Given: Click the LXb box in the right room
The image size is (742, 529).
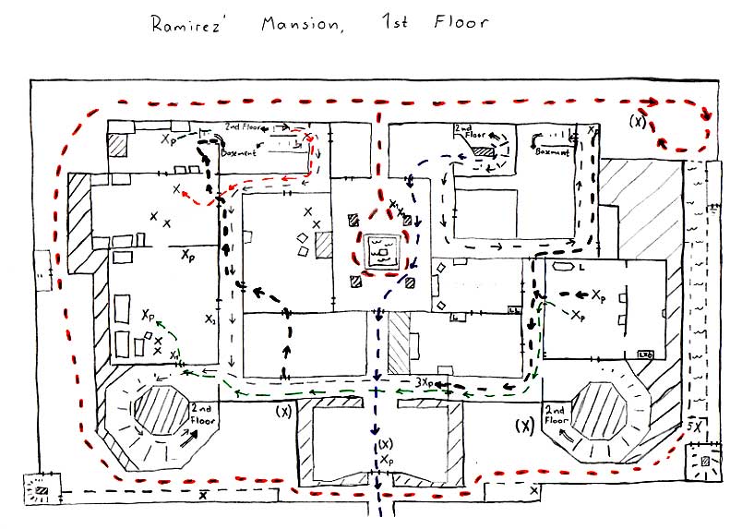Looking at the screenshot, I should click(646, 355).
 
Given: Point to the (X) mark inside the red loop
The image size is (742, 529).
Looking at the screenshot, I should click(637, 121).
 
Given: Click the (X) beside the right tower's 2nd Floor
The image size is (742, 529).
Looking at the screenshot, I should click(525, 426).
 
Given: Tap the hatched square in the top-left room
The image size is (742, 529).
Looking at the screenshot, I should click(118, 145).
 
